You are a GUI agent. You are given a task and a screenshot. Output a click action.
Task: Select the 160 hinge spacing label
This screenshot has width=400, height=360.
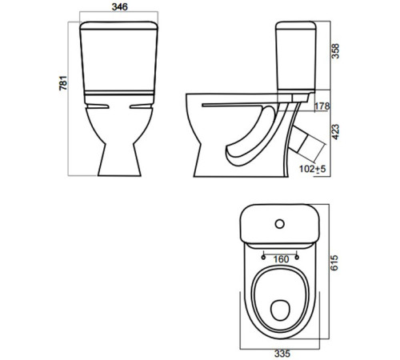tap(280, 258)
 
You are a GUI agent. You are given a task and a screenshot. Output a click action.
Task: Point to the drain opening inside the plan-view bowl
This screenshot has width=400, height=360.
tap(280, 307)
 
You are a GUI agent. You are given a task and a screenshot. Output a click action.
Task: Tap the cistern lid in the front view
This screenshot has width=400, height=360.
tap(119, 29)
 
